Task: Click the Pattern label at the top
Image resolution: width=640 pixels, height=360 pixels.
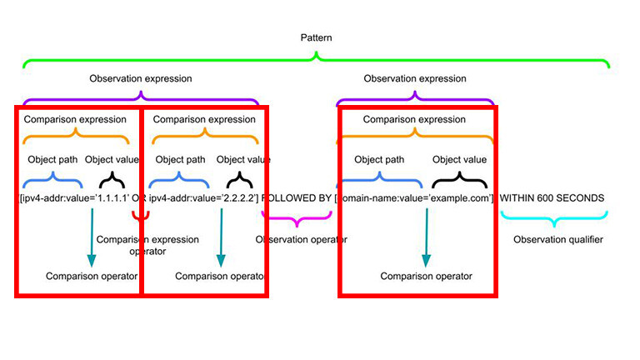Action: coord(316,38)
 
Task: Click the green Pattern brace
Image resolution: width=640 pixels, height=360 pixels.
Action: coord(316,60)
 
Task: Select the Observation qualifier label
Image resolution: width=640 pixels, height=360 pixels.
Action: coord(557,240)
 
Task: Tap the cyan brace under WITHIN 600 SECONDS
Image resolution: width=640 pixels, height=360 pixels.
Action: coord(550,219)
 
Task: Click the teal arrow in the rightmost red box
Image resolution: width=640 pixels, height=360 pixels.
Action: coord(426,237)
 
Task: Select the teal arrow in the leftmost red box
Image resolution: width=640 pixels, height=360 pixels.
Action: coord(91,237)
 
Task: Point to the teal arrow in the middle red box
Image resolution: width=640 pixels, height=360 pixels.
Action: coord(220,237)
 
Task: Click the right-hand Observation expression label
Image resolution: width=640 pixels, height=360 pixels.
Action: coord(415,79)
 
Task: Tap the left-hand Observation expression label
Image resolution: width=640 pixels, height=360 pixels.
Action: coord(140,79)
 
